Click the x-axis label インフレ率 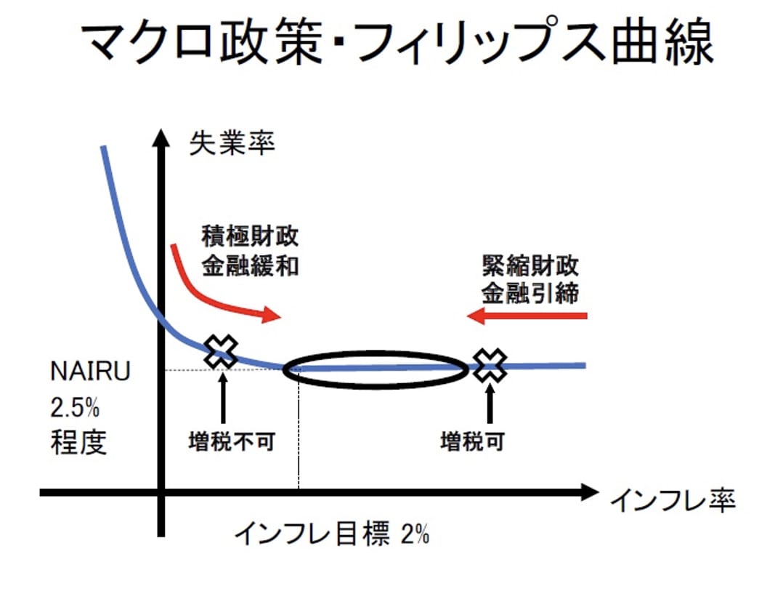click(672, 500)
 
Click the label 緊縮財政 click(530, 265)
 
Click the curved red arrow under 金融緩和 click(211, 291)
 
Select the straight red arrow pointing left click(527, 316)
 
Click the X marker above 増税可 click(490, 364)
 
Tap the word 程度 click(78, 443)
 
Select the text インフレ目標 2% click(331, 536)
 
